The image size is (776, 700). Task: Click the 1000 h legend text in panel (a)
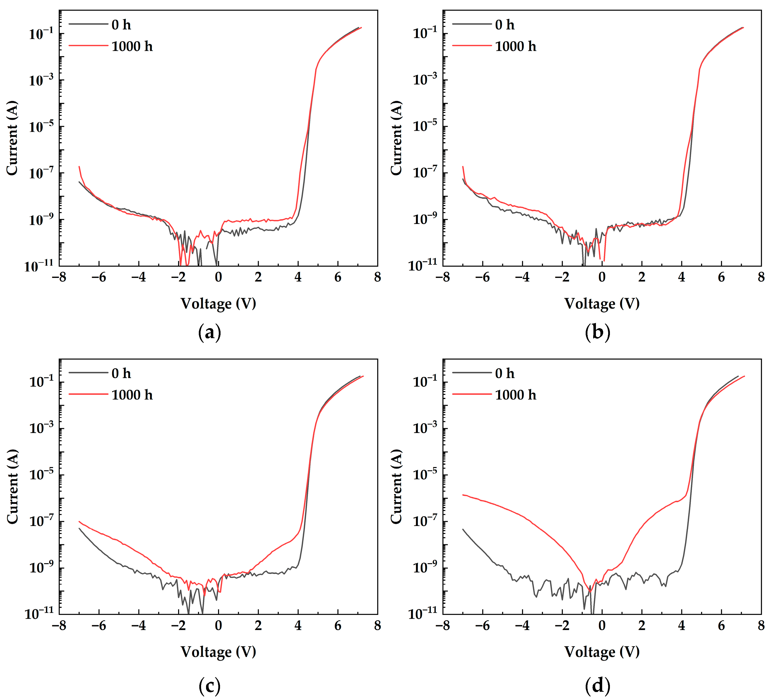[132, 46]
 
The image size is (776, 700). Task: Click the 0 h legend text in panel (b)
[504, 25]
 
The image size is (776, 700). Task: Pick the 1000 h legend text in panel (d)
[516, 395]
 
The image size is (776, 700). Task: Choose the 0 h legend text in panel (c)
[121, 373]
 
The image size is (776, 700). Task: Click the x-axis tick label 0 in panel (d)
[602, 626]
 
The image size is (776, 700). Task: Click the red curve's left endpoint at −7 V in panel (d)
[463, 495]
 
